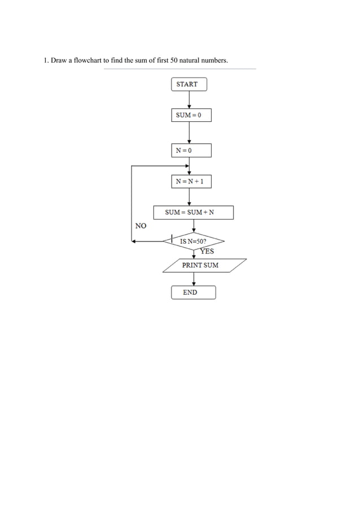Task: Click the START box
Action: (189, 84)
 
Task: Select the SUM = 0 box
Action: (191, 115)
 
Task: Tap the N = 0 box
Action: (191, 150)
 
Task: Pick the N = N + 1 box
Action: (191, 181)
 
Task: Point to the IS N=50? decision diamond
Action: (194, 241)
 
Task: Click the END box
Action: (193, 292)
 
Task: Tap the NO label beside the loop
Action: (141, 226)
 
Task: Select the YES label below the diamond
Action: (207, 252)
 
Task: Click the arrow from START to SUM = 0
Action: (189, 99)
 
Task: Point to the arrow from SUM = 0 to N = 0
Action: (189, 133)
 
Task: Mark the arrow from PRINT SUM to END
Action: (194, 279)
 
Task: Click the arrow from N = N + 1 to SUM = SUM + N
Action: (189, 196)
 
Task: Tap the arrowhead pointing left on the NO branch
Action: (134, 241)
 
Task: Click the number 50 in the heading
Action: (174, 60)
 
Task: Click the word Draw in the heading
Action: (59, 60)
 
